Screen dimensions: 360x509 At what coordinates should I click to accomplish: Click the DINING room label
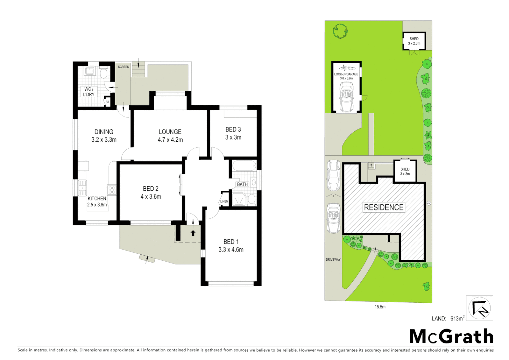[x=104, y=136]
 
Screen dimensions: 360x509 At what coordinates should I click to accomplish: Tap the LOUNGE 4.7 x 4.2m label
[x=170, y=136]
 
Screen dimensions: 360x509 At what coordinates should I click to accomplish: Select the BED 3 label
[x=233, y=133]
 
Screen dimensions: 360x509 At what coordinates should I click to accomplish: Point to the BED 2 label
[x=151, y=193]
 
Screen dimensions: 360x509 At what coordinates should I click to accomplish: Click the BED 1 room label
[x=231, y=246]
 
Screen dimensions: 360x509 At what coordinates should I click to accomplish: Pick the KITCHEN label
[x=97, y=201]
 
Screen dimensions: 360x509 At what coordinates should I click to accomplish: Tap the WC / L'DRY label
[x=89, y=92]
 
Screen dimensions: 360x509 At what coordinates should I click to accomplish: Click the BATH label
[x=242, y=184]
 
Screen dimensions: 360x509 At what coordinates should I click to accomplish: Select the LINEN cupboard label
[x=224, y=201]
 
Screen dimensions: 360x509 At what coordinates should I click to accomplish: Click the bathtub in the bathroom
[x=244, y=165]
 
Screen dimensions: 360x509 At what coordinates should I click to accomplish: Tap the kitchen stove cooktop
[x=112, y=190]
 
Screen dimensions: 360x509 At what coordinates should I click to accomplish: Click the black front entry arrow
[x=193, y=233]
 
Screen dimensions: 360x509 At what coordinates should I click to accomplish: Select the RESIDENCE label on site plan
[x=383, y=207]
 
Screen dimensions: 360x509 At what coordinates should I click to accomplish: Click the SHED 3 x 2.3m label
[x=414, y=41]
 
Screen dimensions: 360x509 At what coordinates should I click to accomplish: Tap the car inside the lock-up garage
[x=346, y=97]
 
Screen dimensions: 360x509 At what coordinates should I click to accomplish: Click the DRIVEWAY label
[x=333, y=259]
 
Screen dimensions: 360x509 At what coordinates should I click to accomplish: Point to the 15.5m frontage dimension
[x=380, y=307]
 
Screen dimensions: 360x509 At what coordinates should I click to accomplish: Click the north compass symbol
[x=479, y=308]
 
